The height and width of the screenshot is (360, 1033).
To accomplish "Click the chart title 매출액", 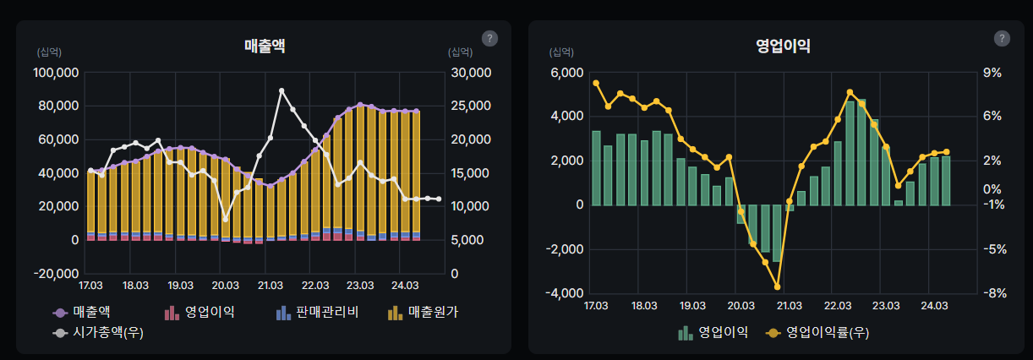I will (x=265, y=46).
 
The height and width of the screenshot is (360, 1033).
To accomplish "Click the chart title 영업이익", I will (x=783, y=46).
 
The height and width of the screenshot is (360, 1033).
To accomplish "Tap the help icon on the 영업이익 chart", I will (x=1002, y=38).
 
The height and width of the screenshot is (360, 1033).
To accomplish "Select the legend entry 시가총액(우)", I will (x=98, y=333).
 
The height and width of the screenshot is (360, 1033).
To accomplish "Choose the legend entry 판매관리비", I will (x=319, y=313).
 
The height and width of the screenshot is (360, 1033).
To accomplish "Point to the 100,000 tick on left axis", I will (x=56, y=73).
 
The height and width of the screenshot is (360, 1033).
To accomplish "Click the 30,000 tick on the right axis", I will (x=467, y=73).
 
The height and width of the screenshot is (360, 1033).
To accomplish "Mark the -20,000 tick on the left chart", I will (x=56, y=274).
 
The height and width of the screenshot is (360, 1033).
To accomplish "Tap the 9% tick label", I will (x=992, y=73).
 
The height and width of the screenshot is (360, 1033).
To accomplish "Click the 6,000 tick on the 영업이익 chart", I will (x=566, y=73).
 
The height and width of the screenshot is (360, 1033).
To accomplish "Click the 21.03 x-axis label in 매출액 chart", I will (x=270, y=285).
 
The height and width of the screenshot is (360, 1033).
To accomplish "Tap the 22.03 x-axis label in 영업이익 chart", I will (x=838, y=305).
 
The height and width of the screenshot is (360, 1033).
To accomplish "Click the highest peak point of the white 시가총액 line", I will (x=281, y=90).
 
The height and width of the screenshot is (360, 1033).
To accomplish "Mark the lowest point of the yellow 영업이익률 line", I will (x=777, y=287).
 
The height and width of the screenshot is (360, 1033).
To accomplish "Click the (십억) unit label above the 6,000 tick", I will (x=563, y=52).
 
